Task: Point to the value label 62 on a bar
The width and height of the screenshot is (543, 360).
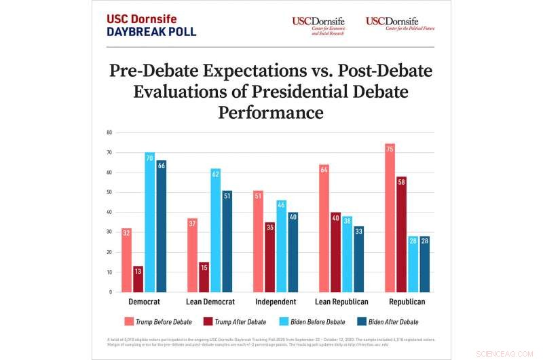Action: click(215, 174)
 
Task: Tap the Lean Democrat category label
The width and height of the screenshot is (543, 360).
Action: click(210, 301)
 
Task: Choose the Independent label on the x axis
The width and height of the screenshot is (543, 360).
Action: click(275, 301)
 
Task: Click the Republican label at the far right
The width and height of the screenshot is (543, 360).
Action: click(406, 301)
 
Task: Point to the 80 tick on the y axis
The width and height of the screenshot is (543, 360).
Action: click(109, 132)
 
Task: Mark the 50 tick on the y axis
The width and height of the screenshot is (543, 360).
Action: click(109, 192)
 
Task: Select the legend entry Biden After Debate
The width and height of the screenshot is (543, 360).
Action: click(393, 321)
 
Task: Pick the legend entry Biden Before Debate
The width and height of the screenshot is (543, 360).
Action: click(320, 321)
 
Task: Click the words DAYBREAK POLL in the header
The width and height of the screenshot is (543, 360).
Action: click(151, 32)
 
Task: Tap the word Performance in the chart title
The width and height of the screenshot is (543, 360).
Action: click(270, 112)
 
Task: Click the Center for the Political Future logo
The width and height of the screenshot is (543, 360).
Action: click(400, 24)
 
